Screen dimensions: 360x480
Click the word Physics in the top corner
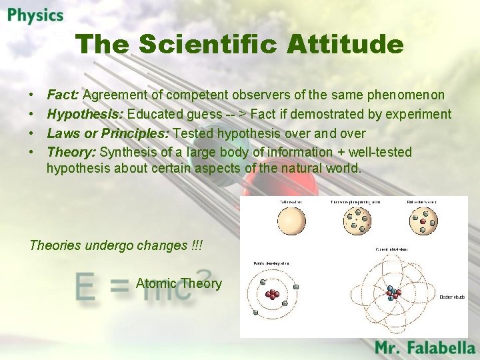36,15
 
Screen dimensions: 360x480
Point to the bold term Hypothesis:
85,114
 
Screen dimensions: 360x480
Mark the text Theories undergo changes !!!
115,245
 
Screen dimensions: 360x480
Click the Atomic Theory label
179,283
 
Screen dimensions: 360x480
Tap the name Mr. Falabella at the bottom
425,347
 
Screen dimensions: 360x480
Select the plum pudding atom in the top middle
357,221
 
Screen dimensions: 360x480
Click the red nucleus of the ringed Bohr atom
272,295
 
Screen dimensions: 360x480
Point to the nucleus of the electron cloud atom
393,293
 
